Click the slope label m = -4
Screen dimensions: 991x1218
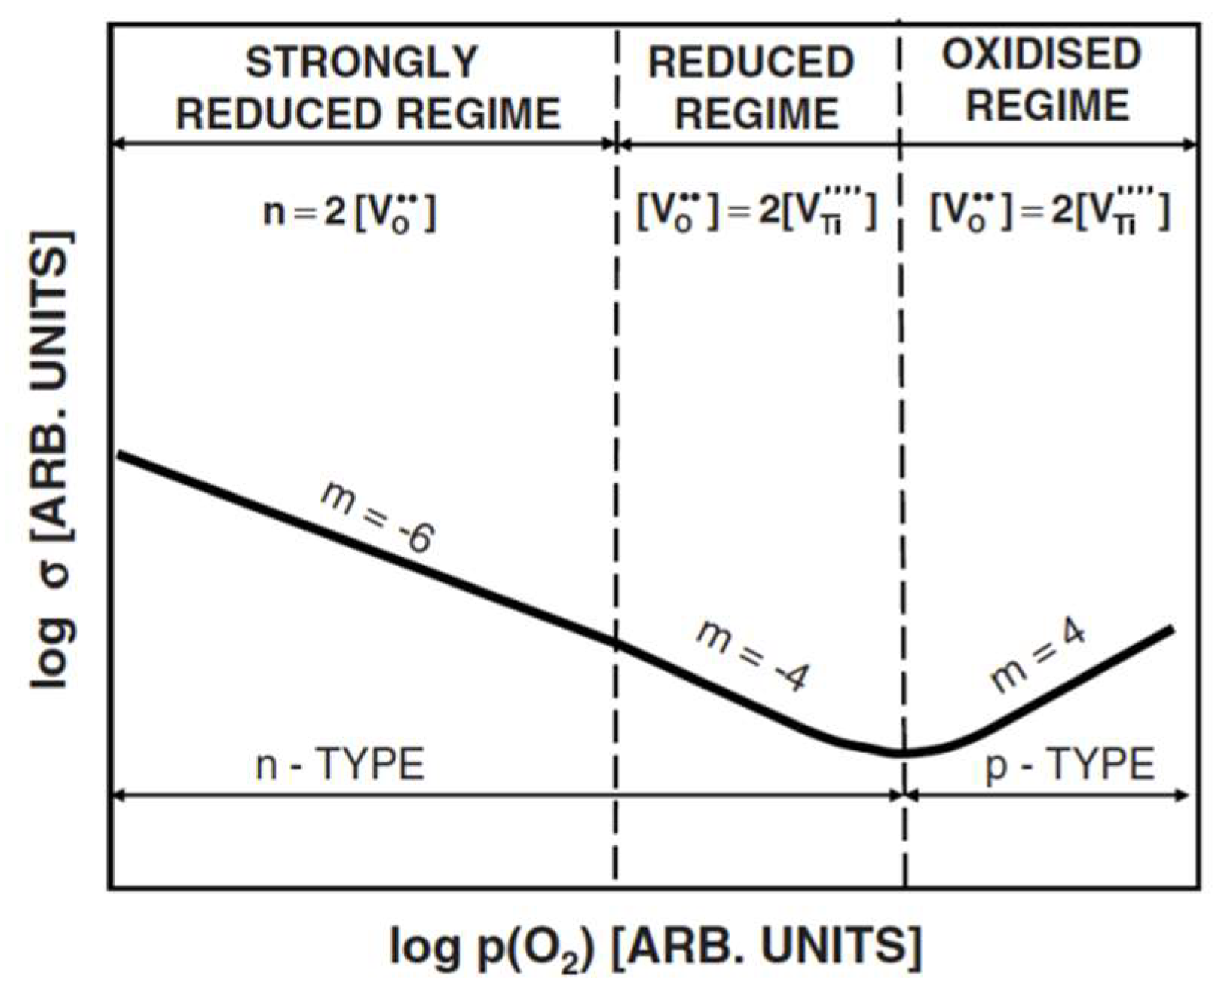point(751,655)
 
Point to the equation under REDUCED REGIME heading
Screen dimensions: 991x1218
point(757,212)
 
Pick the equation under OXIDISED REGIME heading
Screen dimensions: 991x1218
point(1049,212)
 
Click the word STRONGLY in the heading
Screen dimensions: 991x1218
point(362,62)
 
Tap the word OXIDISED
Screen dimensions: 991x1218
point(1042,54)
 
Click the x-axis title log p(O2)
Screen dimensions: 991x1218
point(656,947)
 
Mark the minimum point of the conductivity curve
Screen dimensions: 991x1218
point(901,753)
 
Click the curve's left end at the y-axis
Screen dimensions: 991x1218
point(119,454)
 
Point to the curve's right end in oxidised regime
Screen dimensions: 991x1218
point(1172,628)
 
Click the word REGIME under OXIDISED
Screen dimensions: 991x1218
point(1047,105)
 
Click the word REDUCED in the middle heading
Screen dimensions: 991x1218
point(751,62)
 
